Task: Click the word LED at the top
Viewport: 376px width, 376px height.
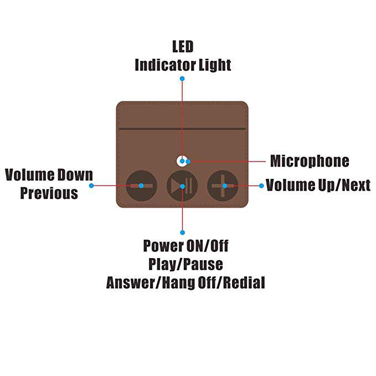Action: click(182, 46)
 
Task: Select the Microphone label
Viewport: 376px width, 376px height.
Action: click(310, 161)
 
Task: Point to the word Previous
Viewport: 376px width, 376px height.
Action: click(49, 193)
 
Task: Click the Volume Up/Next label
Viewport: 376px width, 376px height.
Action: click(318, 185)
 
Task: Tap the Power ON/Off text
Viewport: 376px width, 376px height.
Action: click(186, 245)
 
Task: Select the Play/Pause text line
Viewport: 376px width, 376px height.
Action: click(186, 264)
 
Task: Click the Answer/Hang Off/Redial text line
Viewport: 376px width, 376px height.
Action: click(186, 282)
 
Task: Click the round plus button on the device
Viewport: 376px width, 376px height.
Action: click(223, 185)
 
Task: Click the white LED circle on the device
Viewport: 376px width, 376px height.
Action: click(181, 161)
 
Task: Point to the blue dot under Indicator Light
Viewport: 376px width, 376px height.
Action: click(182, 79)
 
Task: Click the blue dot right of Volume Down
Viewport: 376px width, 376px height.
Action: click(91, 185)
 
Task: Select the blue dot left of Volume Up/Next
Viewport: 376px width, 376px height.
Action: click(261, 186)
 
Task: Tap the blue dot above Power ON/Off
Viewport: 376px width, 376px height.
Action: click(182, 231)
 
